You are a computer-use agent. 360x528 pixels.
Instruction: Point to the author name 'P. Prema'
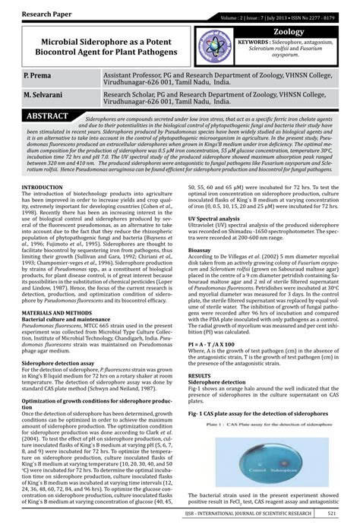[38, 78]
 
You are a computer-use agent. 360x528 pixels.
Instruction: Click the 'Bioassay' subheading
[201, 270]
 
